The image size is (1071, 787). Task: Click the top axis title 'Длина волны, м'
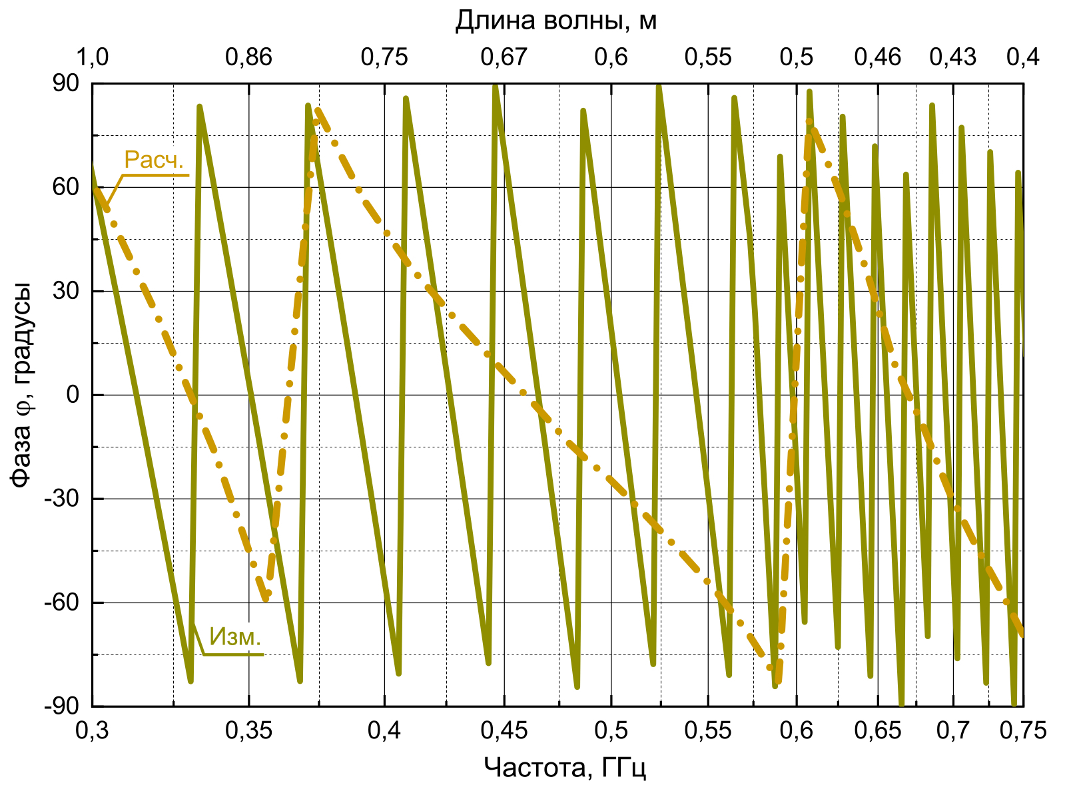tap(555, 21)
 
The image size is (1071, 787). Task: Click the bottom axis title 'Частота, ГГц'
tap(565, 768)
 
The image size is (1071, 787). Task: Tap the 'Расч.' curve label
tap(154, 160)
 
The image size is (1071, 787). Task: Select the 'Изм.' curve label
tap(235, 637)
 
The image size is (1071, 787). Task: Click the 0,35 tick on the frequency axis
tap(248, 730)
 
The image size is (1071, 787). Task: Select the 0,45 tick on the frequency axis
tap(504, 730)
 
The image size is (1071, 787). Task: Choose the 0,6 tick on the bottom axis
tap(797, 730)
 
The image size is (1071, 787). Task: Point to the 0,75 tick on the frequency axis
tap(1023, 730)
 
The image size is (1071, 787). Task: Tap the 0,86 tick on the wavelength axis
tap(248, 57)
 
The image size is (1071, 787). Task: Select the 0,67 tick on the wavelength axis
tap(504, 57)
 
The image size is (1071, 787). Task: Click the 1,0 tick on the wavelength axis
tap(92, 57)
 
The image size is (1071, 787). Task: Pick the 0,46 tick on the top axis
tap(878, 57)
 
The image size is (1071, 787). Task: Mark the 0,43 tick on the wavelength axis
tap(953, 57)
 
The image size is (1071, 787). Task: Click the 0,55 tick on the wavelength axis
tap(708, 57)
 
